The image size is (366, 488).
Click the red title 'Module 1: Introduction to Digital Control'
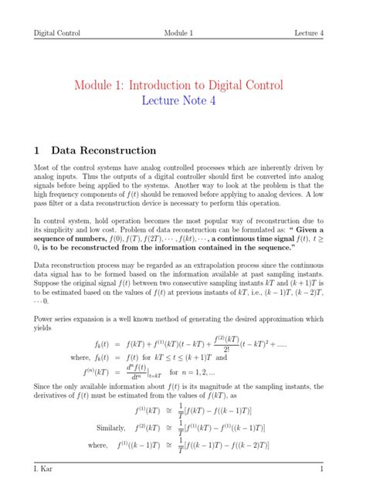(x=183, y=85)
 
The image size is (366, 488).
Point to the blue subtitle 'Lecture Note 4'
(x=183, y=103)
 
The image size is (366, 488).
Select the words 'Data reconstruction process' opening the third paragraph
(x=78, y=263)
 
